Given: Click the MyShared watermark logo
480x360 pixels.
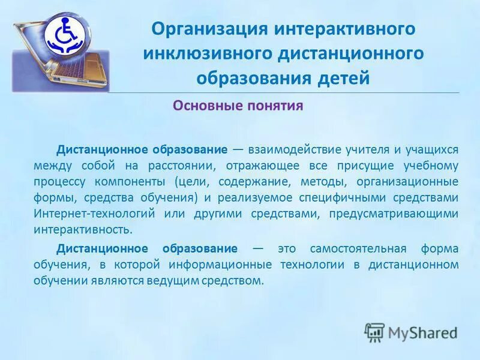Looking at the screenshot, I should (x=411, y=332).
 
